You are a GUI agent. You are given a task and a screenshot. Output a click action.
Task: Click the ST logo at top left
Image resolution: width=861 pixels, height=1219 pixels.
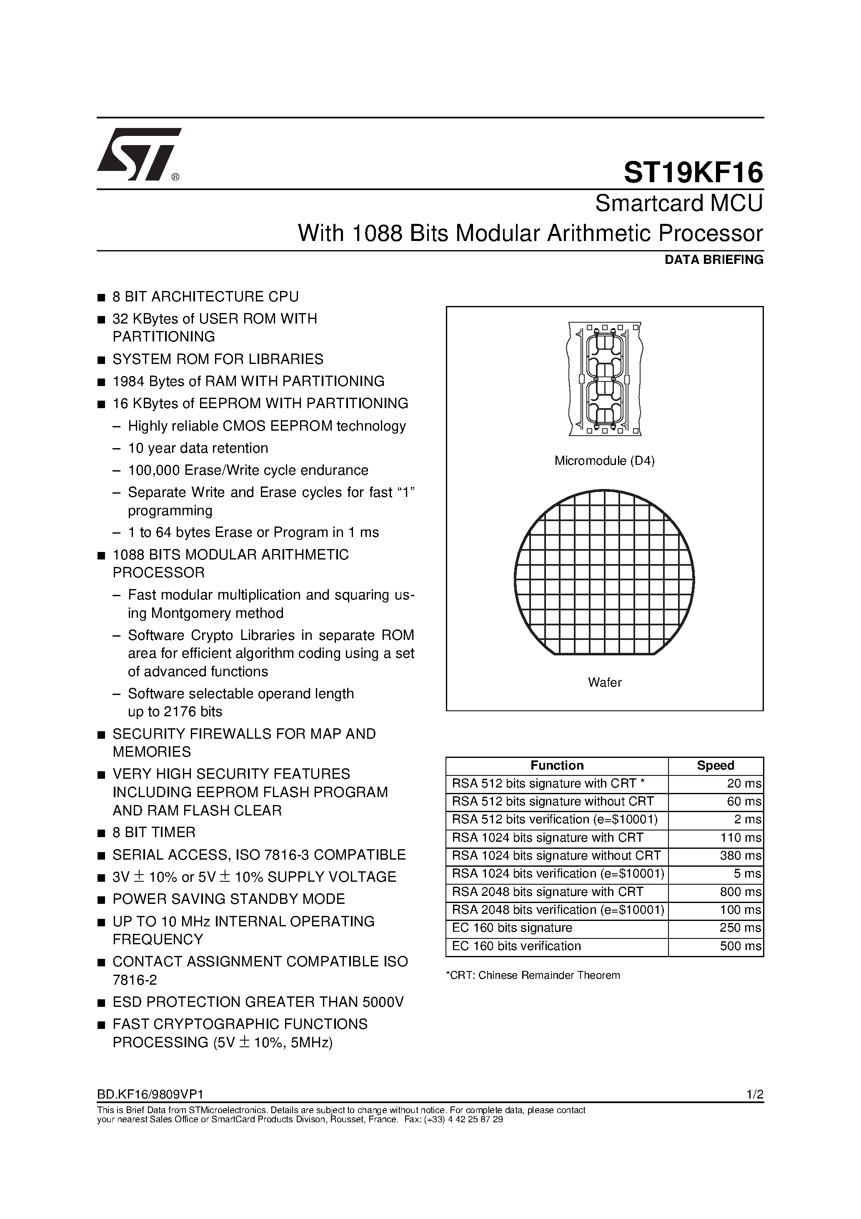click(x=139, y=154)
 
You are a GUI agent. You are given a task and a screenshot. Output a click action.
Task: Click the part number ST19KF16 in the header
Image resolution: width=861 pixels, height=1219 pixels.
click(x=693, y=173)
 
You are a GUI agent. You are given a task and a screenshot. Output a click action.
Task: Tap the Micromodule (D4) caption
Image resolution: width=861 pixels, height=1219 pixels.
click(x=604, y=461)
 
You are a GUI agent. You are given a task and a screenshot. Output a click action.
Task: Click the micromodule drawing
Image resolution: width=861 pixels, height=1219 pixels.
click(x=605, y=379)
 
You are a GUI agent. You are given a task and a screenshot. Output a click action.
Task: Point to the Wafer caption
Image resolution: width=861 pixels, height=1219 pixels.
click(x=604, y=682)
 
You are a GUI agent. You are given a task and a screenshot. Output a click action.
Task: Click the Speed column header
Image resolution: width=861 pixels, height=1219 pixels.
click(x=715, y=765)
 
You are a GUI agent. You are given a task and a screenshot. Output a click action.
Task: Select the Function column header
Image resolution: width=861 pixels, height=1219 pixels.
click(x=557, y=765)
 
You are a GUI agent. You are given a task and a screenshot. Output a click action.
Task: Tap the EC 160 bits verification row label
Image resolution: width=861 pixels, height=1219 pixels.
click(x=516, y=946)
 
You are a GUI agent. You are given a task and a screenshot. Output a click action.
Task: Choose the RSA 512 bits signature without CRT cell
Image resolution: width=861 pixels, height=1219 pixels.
click(x=553, y=802)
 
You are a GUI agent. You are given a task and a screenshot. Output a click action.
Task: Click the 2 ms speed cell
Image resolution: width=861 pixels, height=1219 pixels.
click(x=747, y=820)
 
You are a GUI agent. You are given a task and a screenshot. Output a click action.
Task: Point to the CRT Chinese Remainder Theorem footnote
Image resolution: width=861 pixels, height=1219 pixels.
click(x=533, y=975)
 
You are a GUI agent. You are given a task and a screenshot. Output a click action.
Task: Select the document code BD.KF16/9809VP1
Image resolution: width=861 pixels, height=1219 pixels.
click(x=150, y=1094)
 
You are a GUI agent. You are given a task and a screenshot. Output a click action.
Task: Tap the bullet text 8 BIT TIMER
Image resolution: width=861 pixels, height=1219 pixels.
click(x=154, y=833)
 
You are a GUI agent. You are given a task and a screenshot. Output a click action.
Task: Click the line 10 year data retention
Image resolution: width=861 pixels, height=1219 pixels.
click(x=198, y=448)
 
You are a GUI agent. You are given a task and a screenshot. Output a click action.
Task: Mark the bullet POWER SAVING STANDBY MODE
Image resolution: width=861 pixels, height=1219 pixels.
click(x=229, y=899)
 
